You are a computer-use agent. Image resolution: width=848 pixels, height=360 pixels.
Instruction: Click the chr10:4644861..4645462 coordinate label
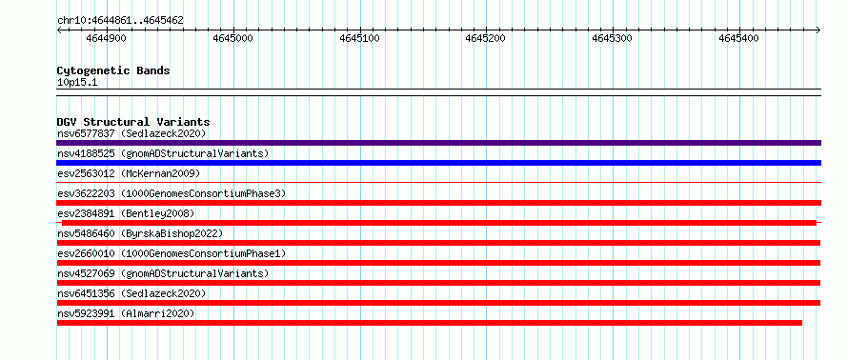click(x=120, y=21)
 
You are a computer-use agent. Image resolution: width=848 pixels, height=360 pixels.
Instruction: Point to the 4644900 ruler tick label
click(x=107, y=38)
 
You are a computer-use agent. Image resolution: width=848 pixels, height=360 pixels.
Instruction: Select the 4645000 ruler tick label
click(x=233, y=38)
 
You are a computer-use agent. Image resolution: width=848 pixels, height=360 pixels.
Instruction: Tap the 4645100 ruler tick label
click(x=359, y=38)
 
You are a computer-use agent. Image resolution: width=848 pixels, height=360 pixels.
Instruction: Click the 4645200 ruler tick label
click(x=486, y=38)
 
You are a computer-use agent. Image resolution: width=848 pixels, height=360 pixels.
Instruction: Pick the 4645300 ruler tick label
click(x=613, y=38)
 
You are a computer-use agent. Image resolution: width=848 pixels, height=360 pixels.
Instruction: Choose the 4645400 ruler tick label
click(x=738, y=38)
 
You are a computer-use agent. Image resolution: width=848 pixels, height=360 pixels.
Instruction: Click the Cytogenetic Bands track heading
click(x=113, y=70)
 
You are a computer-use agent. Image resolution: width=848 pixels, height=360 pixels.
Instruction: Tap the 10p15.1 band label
click(x=77, y=83)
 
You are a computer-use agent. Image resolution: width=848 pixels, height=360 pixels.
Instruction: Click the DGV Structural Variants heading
click(x=133, y=122)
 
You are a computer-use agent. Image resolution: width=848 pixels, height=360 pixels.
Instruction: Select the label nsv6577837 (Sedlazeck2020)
click(x=131, y=133)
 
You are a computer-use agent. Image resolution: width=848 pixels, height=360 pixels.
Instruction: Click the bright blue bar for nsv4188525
click(x=438, y=163)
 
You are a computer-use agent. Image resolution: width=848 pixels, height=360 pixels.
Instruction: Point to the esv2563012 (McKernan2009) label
click(x=129, y=173)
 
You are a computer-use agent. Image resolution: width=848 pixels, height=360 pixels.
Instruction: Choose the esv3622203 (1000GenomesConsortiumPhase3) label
click(x=172, y=193)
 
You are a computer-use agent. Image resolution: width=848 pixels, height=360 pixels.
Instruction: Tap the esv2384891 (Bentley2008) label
click(x=126, y=213)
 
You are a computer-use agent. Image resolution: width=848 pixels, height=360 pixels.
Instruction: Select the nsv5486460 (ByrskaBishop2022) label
click(x=140, y=233)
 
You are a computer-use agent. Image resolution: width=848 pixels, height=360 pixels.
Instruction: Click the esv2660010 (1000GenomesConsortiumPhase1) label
click(x=172, y=253)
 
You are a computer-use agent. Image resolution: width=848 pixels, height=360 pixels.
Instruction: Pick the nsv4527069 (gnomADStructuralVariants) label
click(x=163, y=273)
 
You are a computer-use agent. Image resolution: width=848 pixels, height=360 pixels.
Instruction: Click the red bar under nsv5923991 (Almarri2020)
click(x=430, y=323)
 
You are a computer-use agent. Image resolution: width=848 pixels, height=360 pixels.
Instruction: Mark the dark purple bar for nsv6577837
click(x=438, y=143)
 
